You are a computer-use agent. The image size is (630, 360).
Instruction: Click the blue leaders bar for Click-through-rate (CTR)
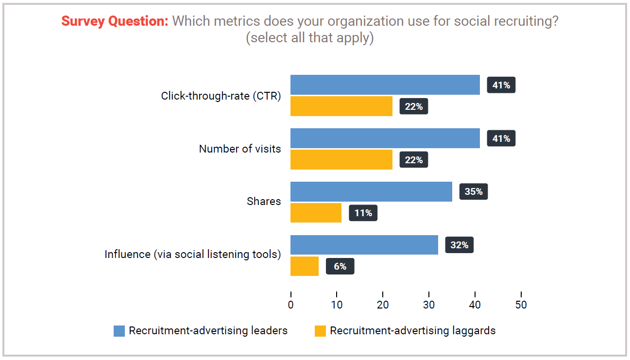385,85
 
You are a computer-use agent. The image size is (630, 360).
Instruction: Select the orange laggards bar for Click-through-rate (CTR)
341,106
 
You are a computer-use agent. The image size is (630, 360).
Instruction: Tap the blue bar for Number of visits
385,138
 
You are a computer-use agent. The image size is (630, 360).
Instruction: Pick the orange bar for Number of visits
341,159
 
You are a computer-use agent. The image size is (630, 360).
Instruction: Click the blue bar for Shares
371,191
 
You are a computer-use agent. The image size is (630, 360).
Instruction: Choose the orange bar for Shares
316,212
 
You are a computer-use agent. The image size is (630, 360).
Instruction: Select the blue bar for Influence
364,245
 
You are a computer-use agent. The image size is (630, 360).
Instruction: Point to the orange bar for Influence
305,266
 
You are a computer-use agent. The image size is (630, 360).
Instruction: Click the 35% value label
474,191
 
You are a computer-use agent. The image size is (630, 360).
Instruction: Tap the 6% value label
340,266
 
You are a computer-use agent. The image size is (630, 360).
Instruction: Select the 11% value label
363,213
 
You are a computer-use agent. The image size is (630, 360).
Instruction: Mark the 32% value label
459,245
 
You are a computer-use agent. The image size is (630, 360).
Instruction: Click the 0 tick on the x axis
290,305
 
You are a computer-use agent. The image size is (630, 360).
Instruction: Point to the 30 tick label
429,305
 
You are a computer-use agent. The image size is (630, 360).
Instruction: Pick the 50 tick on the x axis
521,305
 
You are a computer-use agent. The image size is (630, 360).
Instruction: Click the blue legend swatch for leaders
119,331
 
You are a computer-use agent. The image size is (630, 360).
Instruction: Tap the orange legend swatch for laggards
320,331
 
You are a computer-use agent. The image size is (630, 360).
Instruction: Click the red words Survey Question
115,21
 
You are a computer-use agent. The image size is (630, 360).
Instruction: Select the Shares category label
264,202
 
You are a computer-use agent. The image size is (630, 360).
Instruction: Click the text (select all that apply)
310,38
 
